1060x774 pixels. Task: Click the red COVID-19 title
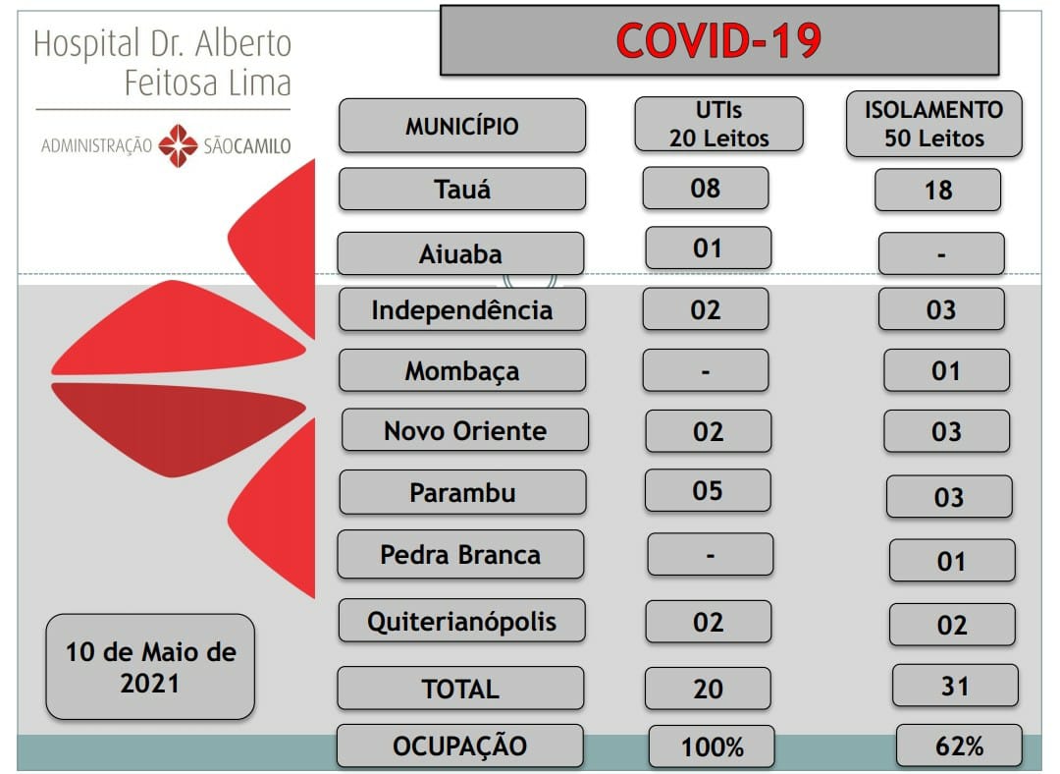718,40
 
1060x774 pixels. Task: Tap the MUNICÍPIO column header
461,126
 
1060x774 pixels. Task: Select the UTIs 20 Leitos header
718,124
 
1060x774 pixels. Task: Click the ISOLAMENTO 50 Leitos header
933,124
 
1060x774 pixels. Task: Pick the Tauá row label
461,189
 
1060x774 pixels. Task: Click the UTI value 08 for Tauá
705,188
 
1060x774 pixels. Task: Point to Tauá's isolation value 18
937,191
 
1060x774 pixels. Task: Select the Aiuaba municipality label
460,253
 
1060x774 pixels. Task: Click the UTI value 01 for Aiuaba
708,249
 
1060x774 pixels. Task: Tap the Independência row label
461,309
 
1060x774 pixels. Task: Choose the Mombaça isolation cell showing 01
946,370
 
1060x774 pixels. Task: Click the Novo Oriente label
465,430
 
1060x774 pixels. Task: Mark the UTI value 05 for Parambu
708,490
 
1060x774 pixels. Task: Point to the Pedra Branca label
460,554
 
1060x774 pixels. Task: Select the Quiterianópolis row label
461,621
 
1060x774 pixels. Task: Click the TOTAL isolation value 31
955,686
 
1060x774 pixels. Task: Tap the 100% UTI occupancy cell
712,746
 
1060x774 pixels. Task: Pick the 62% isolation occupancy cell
959,746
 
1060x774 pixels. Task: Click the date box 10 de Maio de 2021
150,667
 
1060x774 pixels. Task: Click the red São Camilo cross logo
178,145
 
